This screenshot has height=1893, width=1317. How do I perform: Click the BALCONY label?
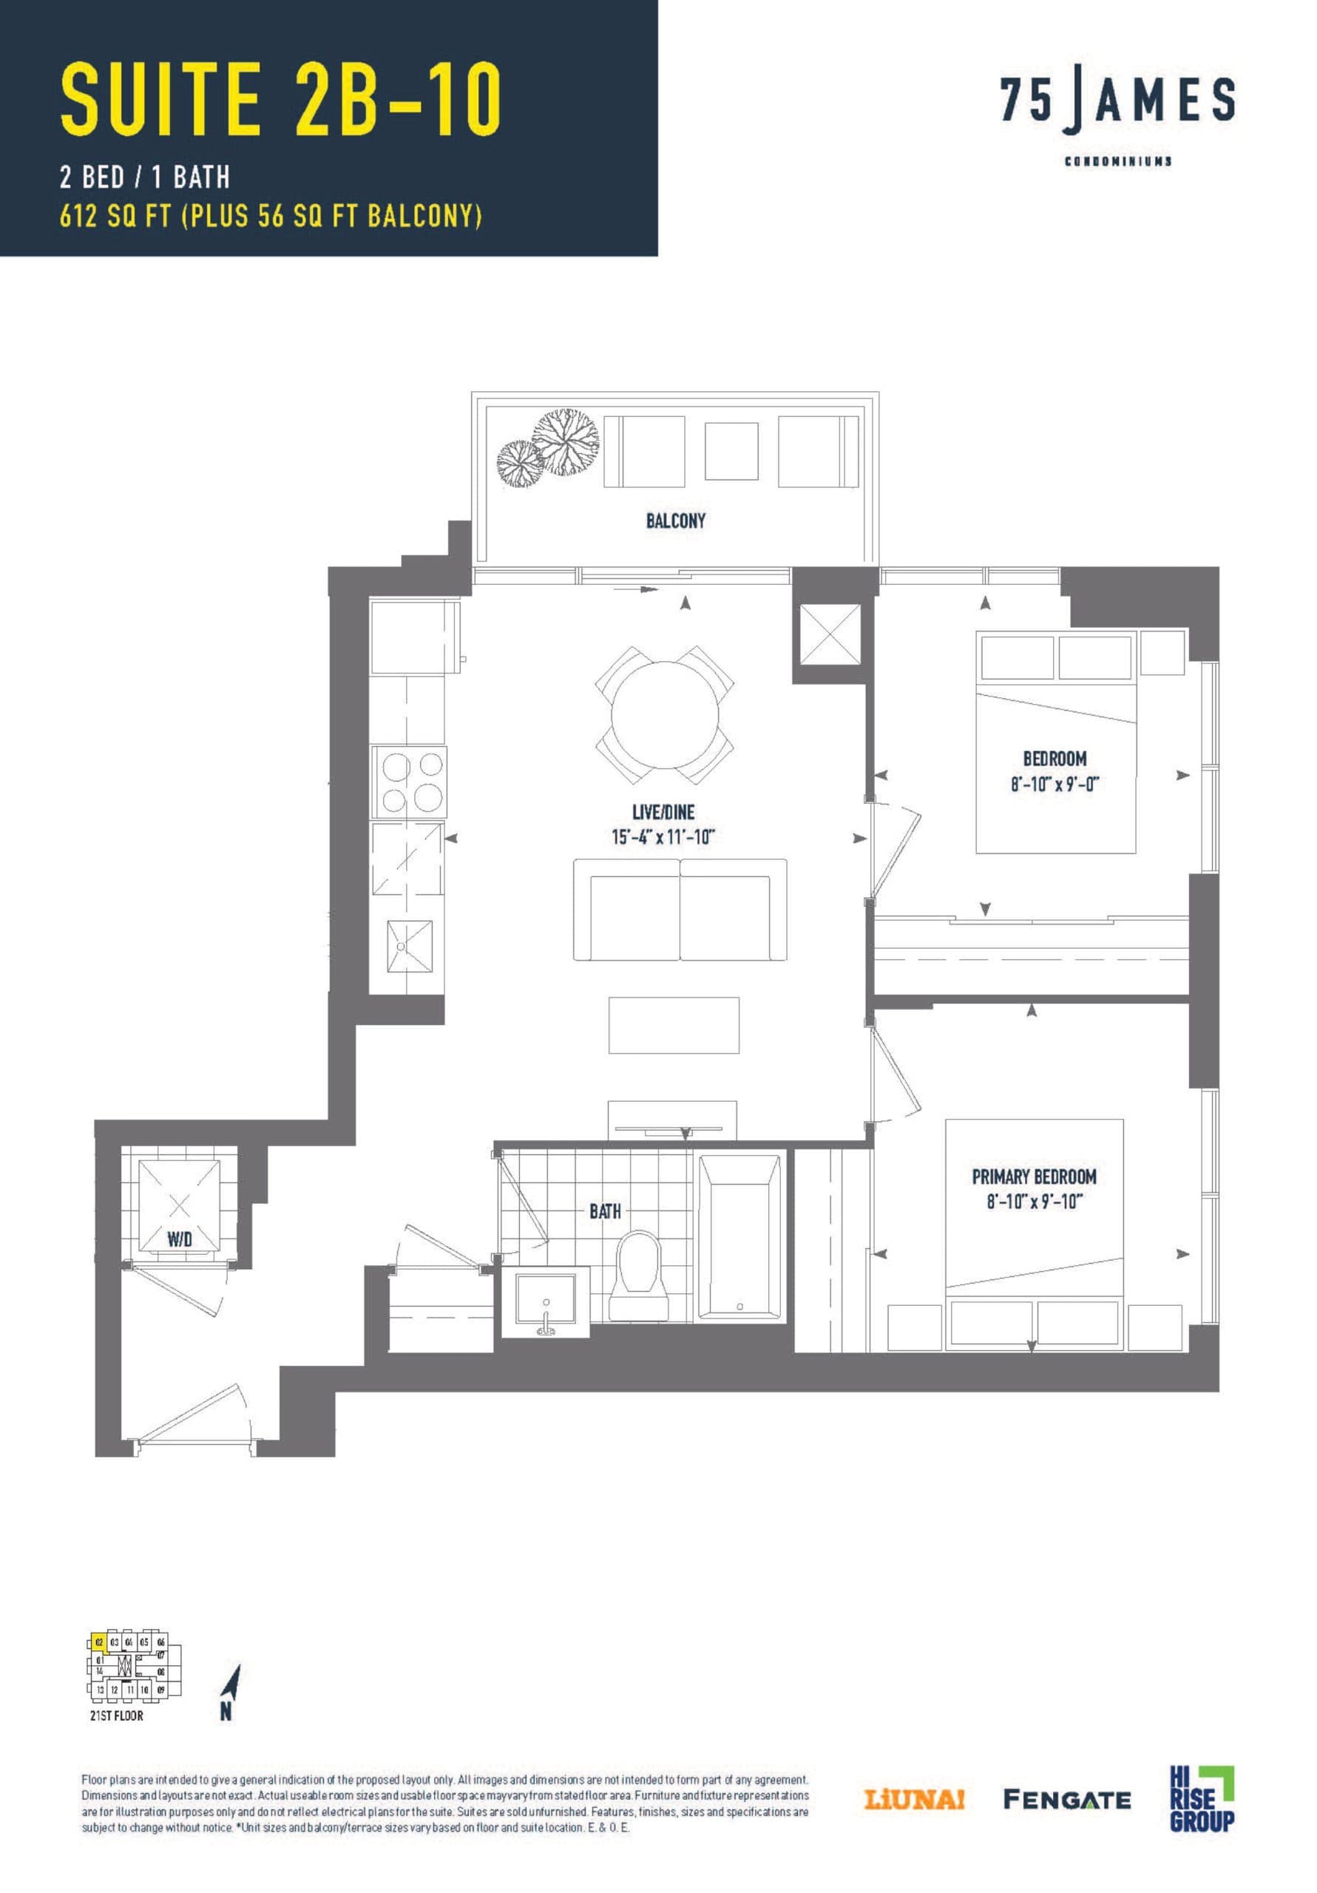(x=675, y=521)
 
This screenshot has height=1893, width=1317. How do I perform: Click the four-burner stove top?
(x=409, y=782)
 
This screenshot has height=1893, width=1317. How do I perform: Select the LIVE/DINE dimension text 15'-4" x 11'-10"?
(x=663, y=837)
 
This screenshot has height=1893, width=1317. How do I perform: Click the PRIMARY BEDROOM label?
(x=1033, y=1176)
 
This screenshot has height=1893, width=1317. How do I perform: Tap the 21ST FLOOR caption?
(x=116, y=1716)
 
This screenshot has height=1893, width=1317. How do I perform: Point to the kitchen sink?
(x=410, y=946)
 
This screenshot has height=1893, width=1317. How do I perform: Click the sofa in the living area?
(x=680, y=910)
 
